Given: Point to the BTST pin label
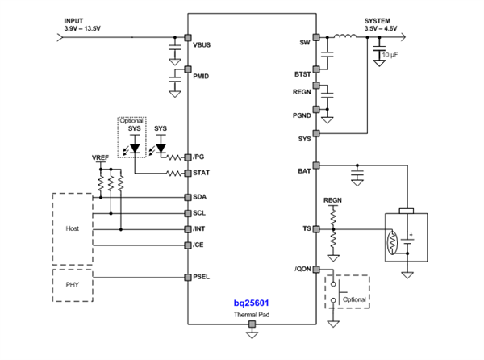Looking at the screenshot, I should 301,73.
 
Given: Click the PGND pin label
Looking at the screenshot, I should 300,115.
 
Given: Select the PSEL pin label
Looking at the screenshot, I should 202,277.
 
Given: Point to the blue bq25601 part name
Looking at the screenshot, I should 251,302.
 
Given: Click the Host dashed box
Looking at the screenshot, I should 73,229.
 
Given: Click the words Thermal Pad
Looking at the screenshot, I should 251,314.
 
